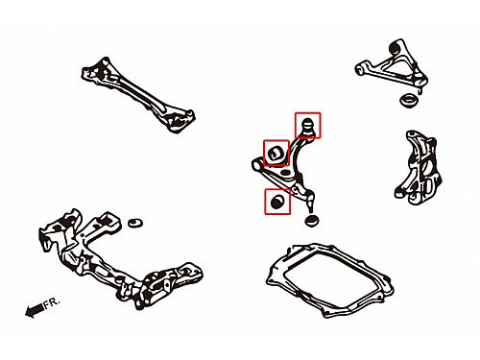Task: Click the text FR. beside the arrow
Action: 52,302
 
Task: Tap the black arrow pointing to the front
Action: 35,310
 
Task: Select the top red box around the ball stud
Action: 307,125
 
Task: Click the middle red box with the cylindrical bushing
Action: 276,153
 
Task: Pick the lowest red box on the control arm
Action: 277,202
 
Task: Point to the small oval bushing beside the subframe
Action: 135,223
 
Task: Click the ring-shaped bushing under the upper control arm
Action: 409,100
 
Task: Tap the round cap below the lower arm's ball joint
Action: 311,221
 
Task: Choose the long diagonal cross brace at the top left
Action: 138,95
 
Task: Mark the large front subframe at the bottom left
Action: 120,259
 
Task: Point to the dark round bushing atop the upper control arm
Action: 396,48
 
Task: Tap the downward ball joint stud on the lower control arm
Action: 310,199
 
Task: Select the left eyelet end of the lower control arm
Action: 257,164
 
